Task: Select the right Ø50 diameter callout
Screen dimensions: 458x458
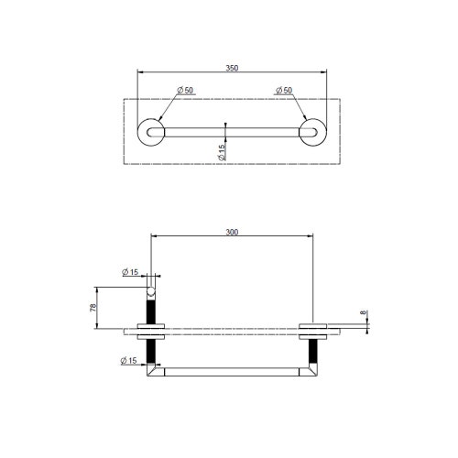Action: [x=283, y=90]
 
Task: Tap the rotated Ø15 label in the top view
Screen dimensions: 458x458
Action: [x=223, y=152]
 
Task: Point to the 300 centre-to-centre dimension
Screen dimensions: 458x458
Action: [x=232, y=233]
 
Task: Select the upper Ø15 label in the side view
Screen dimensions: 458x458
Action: [x=129, y=271]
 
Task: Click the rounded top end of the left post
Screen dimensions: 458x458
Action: [x=150, y=291]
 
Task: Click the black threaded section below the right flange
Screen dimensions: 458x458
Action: [x=313, y=351]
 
